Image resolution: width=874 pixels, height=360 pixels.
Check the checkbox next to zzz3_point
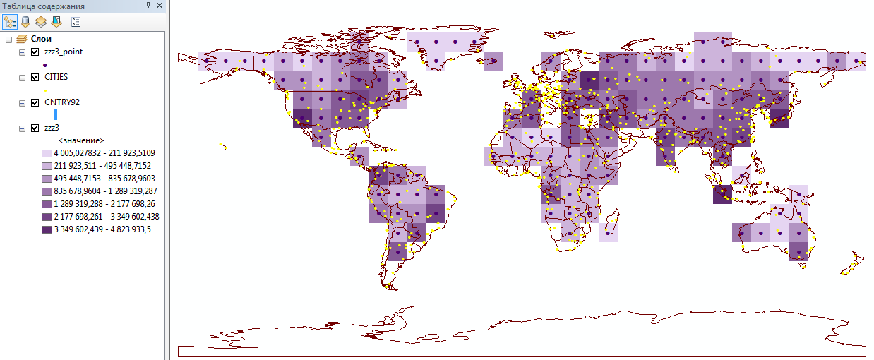[x=35, y=52]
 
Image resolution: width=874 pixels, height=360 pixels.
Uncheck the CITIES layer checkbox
[x=35, y=77]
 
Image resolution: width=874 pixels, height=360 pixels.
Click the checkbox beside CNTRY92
[x=35, y=102]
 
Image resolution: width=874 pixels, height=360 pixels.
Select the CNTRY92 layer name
[x=61, y=102]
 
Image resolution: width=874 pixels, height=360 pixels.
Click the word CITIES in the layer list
[x=56, y=77]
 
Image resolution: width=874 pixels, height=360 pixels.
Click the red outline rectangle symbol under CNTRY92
[x=47, y=114]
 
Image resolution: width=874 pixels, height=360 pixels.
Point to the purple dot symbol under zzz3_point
[x=45, y=64]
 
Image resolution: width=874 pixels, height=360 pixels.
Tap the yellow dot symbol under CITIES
[x=45, y=90]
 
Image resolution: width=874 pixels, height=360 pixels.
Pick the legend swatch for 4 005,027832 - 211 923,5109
[x=47, y=153]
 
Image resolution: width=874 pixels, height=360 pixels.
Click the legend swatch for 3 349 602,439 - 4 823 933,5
[x=47, y=229]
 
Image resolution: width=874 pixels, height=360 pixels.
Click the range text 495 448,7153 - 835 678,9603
[x=102, y=179]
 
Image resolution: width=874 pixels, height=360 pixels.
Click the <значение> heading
[x=81, y=140]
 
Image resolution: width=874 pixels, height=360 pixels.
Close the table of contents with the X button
[x=160, y=6]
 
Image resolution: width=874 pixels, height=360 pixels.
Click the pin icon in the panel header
[x=148, y=6]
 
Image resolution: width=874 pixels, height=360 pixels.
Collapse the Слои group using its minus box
[x=8, y=39]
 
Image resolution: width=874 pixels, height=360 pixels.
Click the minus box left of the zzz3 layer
[x=22, y=128]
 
